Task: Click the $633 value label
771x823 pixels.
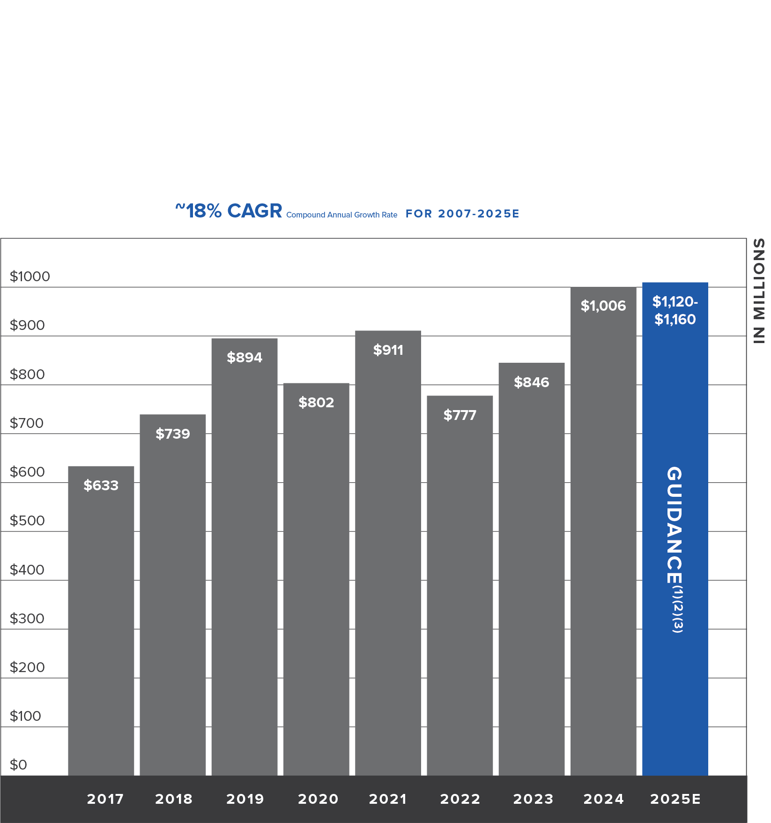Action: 101,486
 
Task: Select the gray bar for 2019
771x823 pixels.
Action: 244,562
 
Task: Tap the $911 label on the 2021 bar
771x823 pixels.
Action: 388,350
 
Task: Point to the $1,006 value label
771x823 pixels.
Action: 603,306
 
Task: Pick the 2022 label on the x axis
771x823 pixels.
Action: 460,799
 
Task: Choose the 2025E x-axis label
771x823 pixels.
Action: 675,799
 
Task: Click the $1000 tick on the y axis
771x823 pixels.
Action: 30,277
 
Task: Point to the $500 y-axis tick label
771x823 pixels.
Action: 27,521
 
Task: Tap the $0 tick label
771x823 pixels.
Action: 18,765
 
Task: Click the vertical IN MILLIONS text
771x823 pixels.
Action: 758,291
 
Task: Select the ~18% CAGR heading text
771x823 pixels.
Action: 229,211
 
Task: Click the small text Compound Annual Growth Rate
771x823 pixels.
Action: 341,215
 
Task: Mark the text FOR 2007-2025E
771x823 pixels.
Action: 462,214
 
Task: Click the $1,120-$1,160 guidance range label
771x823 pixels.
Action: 675,310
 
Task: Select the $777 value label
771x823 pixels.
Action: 460,415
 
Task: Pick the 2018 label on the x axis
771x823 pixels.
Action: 173,799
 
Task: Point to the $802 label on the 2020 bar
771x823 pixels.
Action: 316,403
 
